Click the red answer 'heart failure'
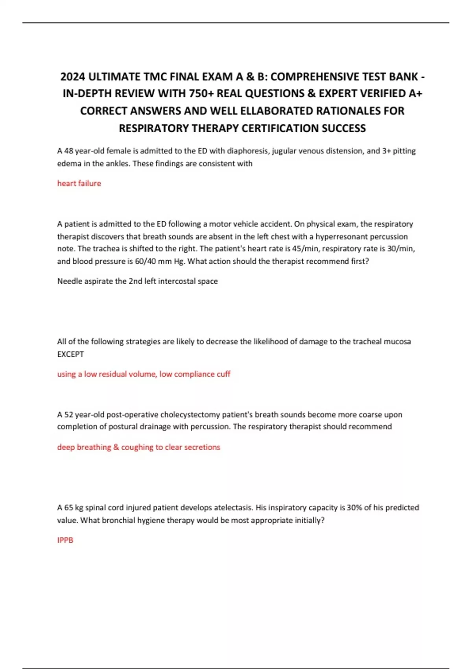[79, 183]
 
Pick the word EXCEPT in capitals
[70, 354]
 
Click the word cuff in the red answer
[223, 374]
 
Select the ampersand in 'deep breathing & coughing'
[116, 447]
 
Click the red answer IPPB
[65, 540]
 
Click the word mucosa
[397, 342]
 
